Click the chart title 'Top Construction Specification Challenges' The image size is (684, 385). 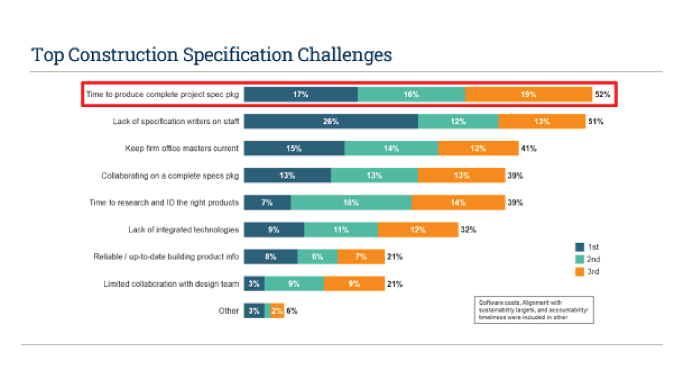point(212,55)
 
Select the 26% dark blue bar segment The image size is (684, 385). point(331,121)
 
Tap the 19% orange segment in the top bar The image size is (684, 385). point(528,94)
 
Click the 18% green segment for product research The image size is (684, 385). point(351,203)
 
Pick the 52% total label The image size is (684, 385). point(602,94)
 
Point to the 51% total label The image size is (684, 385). point(596,121)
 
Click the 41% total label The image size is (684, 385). point(529,149)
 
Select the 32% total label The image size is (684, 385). point(468,230)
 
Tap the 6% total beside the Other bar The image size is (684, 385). point(292,311)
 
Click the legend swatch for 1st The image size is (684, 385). point(580,246)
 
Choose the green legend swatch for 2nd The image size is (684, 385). point(580,259)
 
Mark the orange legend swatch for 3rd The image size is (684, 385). point(580,272)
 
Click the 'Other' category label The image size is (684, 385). point(228,311)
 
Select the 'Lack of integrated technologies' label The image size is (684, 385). point(183,230)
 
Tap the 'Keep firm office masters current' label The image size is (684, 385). point(182,149)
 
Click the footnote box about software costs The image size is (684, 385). point(534,310)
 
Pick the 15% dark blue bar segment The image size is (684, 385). point(294,149)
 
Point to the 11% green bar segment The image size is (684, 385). point(340,230)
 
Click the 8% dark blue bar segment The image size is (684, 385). point(270,256)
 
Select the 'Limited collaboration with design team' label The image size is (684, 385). point(171,284)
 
